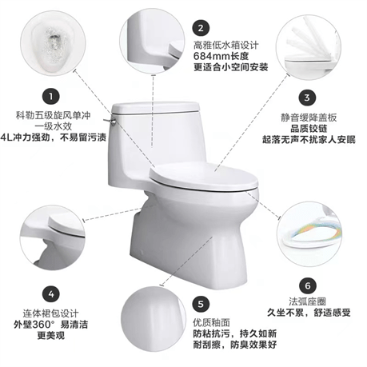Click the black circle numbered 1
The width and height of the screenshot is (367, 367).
51,96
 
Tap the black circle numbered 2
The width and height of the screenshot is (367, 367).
201,28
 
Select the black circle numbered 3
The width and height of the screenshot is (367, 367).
307,98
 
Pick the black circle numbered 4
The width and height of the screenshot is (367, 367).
51,294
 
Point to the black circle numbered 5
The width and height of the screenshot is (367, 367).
201,304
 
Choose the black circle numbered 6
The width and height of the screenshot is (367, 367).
308,285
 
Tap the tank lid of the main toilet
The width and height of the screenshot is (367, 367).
155,107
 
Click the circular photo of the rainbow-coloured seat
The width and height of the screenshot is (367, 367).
309,234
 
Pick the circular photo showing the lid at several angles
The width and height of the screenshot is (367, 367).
309,47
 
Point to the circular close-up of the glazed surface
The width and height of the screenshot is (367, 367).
153,319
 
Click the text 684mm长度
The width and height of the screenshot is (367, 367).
221,56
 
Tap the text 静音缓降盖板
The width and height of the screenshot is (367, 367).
309,118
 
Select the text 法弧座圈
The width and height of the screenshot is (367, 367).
307,301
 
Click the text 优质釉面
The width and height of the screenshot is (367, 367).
211,323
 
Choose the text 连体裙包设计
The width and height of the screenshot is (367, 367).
50,313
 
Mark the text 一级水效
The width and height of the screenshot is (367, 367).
54,126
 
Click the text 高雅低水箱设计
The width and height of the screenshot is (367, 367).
225,45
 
